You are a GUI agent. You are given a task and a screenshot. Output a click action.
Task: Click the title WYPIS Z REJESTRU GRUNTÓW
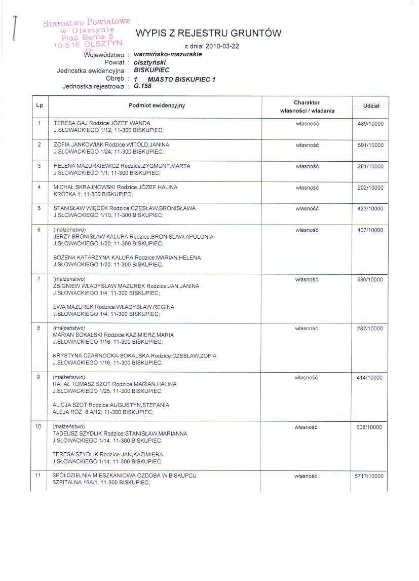click(208, 34)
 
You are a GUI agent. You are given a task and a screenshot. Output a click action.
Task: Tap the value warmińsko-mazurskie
click(168, 54)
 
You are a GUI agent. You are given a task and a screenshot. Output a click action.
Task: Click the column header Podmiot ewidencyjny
click(157, 105)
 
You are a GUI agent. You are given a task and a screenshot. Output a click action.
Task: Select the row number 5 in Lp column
click(39, 208)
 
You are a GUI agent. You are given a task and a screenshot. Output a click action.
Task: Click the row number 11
click(38, 476)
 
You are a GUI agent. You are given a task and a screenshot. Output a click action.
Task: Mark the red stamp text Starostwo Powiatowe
click(87, 22)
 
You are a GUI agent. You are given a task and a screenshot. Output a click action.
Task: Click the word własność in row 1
click(306, 124)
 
